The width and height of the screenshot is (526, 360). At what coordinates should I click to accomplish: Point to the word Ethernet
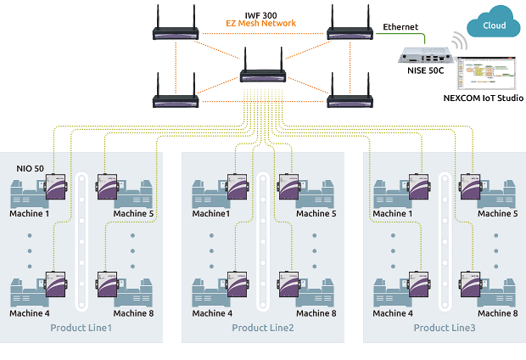click(x=400, y=27)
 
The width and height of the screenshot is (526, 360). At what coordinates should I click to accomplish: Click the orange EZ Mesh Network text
click(x=260, y=24)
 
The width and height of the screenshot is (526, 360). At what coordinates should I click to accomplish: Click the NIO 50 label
click(x=31, y=169)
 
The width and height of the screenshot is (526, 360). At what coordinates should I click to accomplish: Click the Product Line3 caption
click(x=445, y=328)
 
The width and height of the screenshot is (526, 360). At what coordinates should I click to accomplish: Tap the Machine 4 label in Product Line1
click(x=31, y=313)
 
